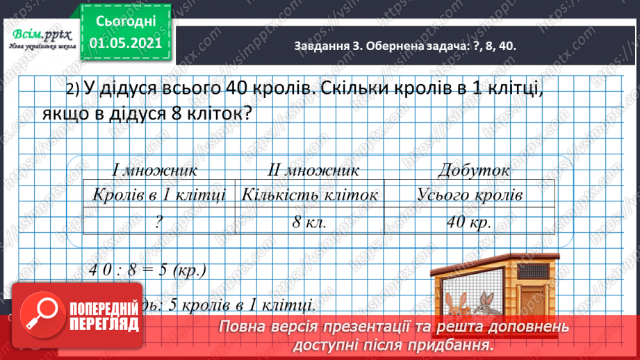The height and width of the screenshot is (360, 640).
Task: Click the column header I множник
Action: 155,170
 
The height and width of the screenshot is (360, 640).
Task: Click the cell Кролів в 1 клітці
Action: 159,195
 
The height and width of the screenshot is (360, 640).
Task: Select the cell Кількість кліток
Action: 310,195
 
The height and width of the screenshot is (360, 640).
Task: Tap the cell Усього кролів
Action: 470,195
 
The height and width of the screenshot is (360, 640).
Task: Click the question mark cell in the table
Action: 159,222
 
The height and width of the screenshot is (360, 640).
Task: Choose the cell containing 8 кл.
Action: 310,222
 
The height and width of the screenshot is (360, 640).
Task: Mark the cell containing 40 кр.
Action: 470,222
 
